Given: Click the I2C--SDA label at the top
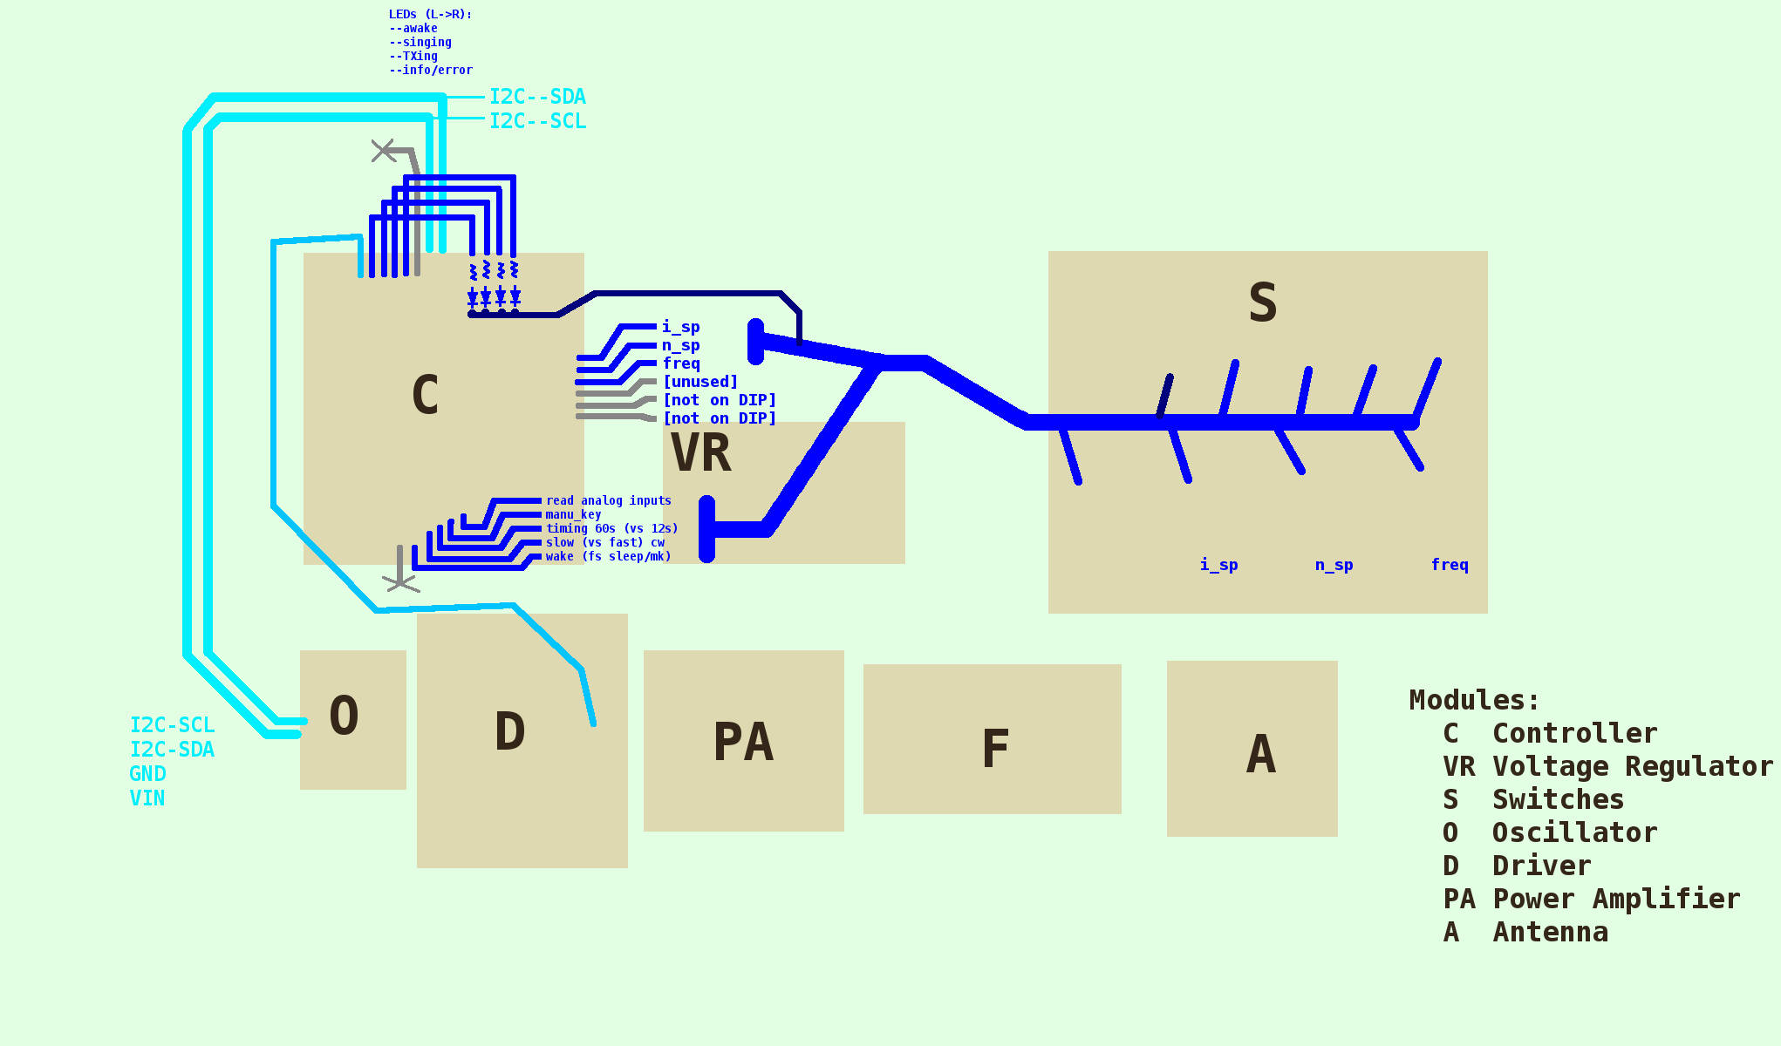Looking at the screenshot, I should [x=537, y=97].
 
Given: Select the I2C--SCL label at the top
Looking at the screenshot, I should [x=537, y=121].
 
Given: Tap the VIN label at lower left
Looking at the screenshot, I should [x=147, y=798].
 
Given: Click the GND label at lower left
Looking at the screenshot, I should [x=147, y=774].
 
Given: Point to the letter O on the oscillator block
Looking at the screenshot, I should [x=345, y=717].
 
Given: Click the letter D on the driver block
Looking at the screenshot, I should [x=510, y=731].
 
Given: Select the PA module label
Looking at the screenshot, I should [x=743, y=743].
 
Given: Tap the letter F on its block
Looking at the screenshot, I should [x=995, y=749].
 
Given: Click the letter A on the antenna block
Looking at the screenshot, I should [x=1261, y=754].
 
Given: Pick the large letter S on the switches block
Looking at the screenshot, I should [x=1263, y=303].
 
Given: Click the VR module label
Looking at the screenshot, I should [x=701, y=453].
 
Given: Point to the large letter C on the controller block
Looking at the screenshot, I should [x=425, y=395].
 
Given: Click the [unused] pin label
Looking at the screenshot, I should [x=700, y=382].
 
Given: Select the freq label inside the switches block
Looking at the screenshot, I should [x=1450, y=565].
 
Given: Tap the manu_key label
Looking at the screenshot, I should [x=573, y=514].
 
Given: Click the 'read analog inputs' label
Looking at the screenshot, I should [x=609, y=500].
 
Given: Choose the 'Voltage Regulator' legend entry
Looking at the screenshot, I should [x=1632, y=767].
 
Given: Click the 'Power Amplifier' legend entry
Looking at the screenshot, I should [x=1615, y=900].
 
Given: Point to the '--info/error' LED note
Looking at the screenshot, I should [x=431, y=70].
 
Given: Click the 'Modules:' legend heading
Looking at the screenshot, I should [x=1474, y=700].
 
